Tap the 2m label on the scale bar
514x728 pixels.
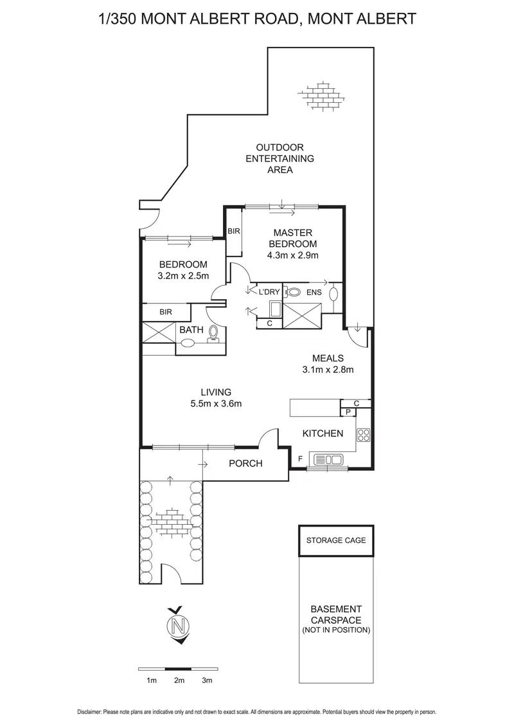pos(179,680)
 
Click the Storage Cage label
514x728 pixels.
pos(336,540)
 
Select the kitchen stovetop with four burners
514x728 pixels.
pos(363,435)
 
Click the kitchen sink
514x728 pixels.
pos(328,460)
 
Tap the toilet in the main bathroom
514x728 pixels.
pos(213,333)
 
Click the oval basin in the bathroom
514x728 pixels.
pos(188,344)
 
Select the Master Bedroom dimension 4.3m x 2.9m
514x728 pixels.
pos(293,255)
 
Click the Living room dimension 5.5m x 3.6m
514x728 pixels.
pos(216,403)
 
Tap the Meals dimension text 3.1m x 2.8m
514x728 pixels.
pos(328,370)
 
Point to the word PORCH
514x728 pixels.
pos(245,463)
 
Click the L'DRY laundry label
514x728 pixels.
pos(269,292)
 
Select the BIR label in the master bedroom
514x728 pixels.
pos(234,231)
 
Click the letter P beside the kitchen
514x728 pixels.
pos(348,412)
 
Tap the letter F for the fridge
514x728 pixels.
pos(300,459)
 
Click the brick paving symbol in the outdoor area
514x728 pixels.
pos(321,96)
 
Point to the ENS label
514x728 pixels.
pos(314,293)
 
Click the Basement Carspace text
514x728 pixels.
pos(336,614)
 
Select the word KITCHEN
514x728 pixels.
pos(323,433)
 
